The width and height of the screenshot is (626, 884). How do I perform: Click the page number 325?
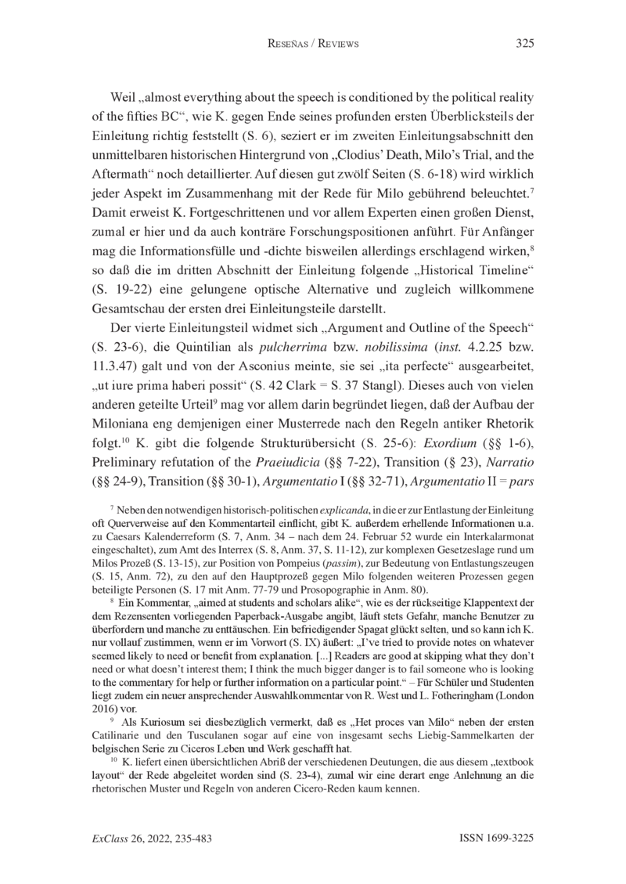click(524, 44)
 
